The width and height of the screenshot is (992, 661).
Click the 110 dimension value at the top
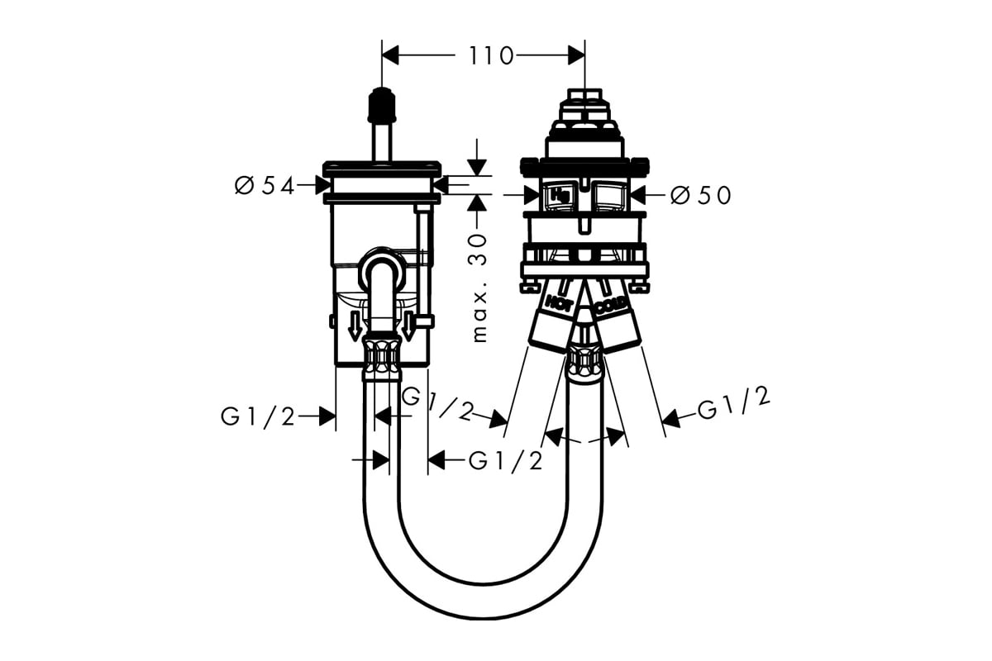(x=491, y=56)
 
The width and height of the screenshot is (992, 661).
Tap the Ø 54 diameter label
(x=265, y=186)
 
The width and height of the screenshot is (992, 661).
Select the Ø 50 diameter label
(x=701, y=195)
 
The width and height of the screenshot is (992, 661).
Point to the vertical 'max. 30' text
(x=479, y=288)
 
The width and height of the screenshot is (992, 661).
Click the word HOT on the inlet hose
(x=559, y=303)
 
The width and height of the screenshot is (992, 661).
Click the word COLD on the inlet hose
(x=611, y=305)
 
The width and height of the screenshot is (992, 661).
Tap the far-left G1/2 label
(x=258, y=417)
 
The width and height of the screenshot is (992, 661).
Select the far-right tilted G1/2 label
(x=734, y=403)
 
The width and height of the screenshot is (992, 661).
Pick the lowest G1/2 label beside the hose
(x=505, y=461)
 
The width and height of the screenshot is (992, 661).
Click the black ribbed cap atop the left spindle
(x=382, y=104)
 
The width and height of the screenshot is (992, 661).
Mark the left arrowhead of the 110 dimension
(x=390, y=55)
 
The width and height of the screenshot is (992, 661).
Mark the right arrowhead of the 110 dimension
(x=577, y=55)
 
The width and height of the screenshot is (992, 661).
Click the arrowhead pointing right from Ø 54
(x=324, y=185)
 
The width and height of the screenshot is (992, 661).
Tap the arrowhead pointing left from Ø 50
(x=638, y=195)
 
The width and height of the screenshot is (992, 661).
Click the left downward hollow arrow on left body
(x=355, y=326)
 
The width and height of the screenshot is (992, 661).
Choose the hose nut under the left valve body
(x=382, y=358)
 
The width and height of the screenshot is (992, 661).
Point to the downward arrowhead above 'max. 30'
(x=477, y=168)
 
